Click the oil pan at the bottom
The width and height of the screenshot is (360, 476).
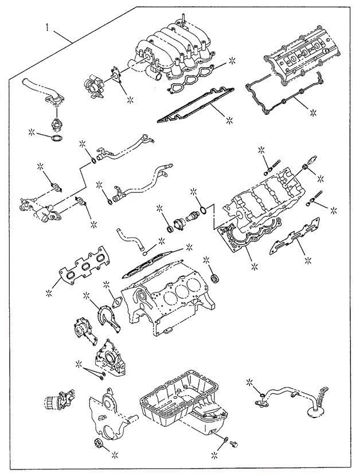click(x=181, y=407)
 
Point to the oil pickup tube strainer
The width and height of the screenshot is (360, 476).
click(x=315, y=412)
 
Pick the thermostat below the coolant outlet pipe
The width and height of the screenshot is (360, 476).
click(x=56, y=123)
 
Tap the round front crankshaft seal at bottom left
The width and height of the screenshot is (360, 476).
click(x=97, y=446)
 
